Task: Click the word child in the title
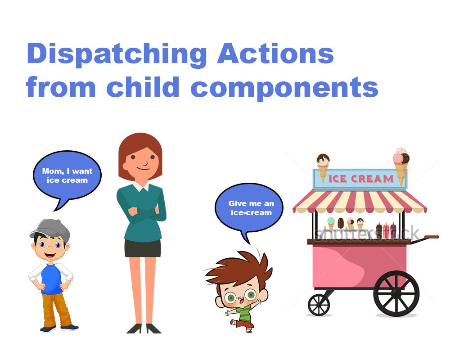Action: click(x=143, y=86)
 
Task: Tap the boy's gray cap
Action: click(x=50, y=229)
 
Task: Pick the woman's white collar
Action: click(x=140, y=187)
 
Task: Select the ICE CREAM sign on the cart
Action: click(x=360, y=179)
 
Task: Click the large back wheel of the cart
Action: click(x=396, y=293)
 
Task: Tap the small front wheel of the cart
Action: click(x=319, y=305)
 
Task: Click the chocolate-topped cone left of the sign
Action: click(x=323, y=167)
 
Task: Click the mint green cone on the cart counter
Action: click(x=331, y=223)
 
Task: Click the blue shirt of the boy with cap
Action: click(x=51, y=279)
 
